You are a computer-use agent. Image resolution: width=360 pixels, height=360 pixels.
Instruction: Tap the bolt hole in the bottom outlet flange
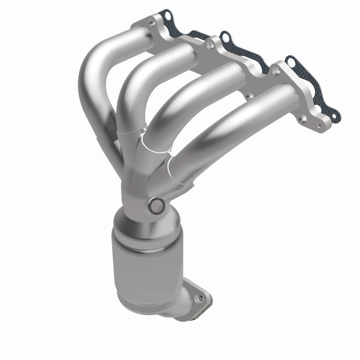tap(196, 297)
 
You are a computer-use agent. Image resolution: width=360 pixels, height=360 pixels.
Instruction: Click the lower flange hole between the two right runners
tap(247, 96)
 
